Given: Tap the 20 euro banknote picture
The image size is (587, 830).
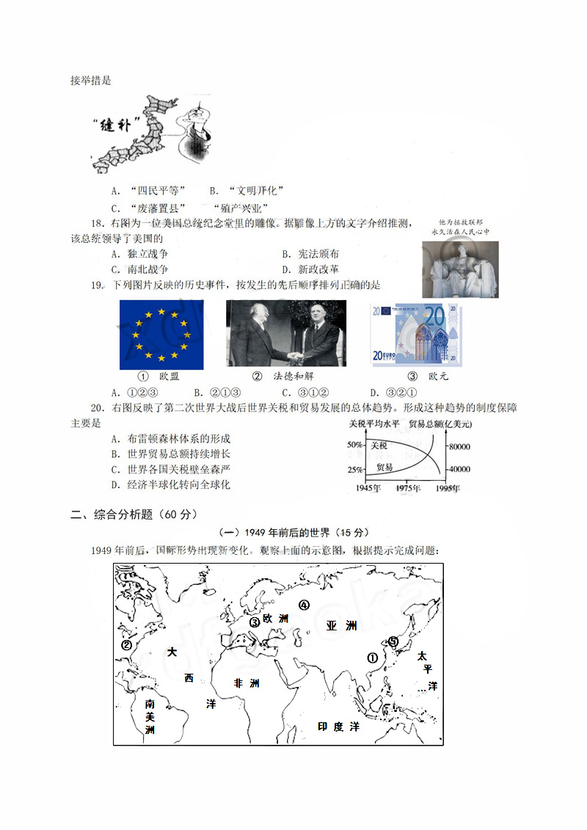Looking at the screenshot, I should coord(417,335).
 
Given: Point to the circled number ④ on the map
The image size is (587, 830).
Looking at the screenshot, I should coord(304,605).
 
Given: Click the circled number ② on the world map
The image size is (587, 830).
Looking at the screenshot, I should coord(126,645).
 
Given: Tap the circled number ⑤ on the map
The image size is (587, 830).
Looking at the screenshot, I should coord(393,641).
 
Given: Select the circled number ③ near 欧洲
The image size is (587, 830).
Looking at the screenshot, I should coord(255,622).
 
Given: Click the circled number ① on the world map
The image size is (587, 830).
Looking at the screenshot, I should coord(372,658).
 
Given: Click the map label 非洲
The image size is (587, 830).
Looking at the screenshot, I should coord(247,683).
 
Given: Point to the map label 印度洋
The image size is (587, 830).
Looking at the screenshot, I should coord(338,727).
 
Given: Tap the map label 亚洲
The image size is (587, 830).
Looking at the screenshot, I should coord(341,626).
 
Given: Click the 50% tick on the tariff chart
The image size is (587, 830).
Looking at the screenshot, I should coord(354,445).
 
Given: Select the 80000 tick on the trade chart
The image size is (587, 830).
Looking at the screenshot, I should coord(459,446).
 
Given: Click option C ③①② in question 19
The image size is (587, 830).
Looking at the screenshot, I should coord(297,392).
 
